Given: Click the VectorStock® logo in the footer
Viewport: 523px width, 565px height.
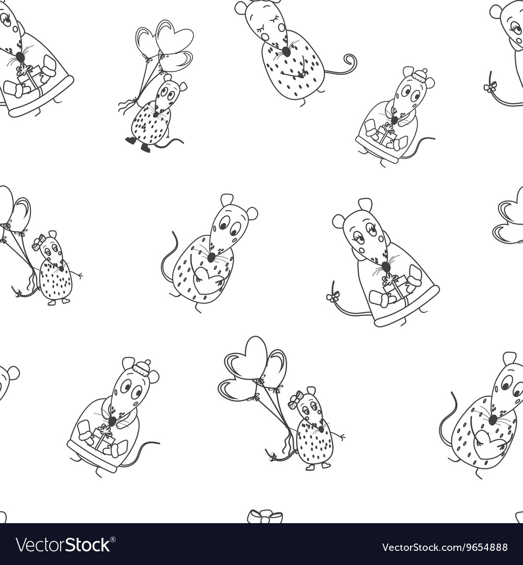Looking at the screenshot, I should point(63,545).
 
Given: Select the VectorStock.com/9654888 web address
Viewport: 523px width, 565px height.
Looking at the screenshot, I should point(445,547).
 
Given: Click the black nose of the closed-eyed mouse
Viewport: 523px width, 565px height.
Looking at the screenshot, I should point(286,51).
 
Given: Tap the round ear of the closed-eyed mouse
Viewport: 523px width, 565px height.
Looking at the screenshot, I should point(241,7).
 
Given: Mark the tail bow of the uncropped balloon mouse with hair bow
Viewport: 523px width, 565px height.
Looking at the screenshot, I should point(272,457).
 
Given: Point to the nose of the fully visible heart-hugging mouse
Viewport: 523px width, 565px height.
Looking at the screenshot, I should point(211,257).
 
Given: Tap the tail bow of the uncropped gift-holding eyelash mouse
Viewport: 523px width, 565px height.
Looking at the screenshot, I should point(332,297).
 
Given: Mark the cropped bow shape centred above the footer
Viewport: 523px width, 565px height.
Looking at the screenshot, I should point(265,517).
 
